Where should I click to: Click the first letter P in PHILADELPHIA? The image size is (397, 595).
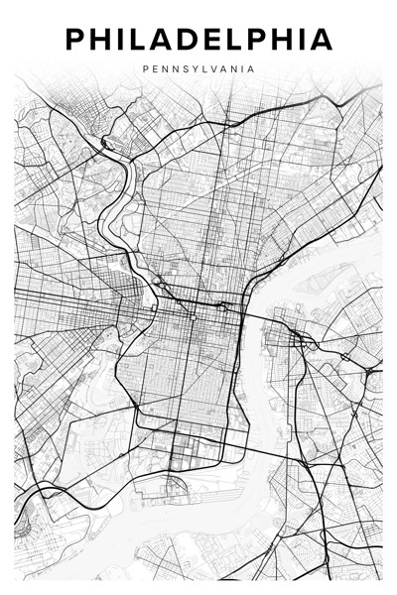click(x=75, y=41)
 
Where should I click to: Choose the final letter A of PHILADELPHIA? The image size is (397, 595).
click(x=322, y=41)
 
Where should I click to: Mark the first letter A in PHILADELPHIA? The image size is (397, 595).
click(x=164, y=41)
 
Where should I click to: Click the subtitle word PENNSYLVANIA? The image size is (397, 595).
click(x=198, y=69)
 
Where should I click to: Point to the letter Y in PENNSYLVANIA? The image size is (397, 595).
click(x=192, y=69)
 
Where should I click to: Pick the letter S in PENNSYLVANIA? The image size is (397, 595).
click(x=181, y=69)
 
